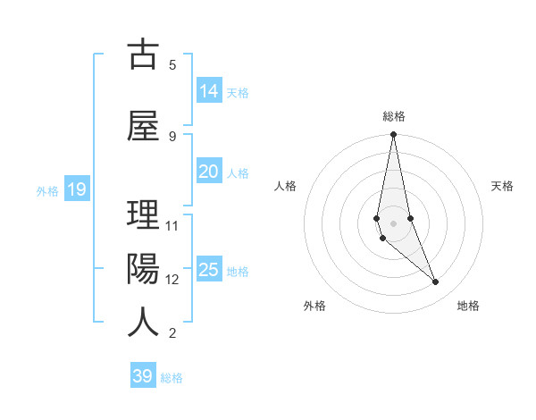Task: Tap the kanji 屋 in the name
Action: (144, 125)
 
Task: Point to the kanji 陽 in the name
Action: (144, 269)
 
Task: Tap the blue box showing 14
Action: (209, 91)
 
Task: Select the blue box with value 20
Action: (209, 172)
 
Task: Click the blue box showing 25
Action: (209, 270)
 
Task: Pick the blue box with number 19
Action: (76, 189)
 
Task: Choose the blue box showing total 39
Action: (143, 376)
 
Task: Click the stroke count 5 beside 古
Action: (172, 64)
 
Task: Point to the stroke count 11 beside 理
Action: (172, 226)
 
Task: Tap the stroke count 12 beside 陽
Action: (172, 280)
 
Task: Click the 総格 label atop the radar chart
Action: (394, 116)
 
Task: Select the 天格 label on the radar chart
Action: (503, 186)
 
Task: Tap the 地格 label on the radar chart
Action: (468, 306)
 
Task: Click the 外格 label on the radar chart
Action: (314, 306)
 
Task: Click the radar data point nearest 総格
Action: (393, 134)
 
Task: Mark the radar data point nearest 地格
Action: (436, 282)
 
